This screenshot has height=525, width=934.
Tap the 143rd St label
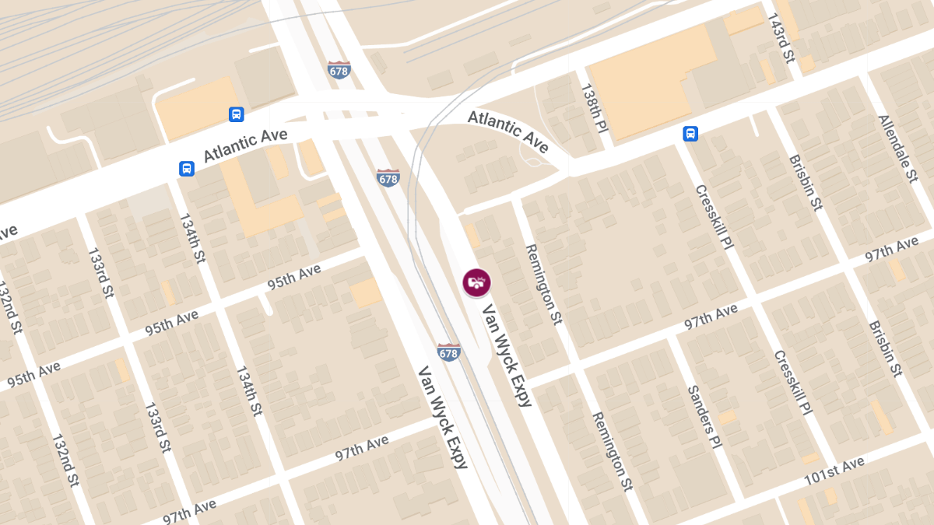pos(781,37)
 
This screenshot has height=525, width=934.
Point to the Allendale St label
pos(897,149)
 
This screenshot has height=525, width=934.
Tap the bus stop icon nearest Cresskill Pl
pos(690,133)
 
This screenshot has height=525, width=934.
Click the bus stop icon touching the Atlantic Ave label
pos(187,168)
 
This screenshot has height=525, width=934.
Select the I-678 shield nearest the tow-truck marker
pos(448,352)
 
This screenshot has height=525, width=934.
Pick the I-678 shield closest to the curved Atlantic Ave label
pos(388,177)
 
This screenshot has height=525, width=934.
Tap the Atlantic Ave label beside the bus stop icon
pos(245,145)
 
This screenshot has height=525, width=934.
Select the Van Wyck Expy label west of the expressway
pos(444,418)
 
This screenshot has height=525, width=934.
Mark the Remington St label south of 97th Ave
pos(612,451)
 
